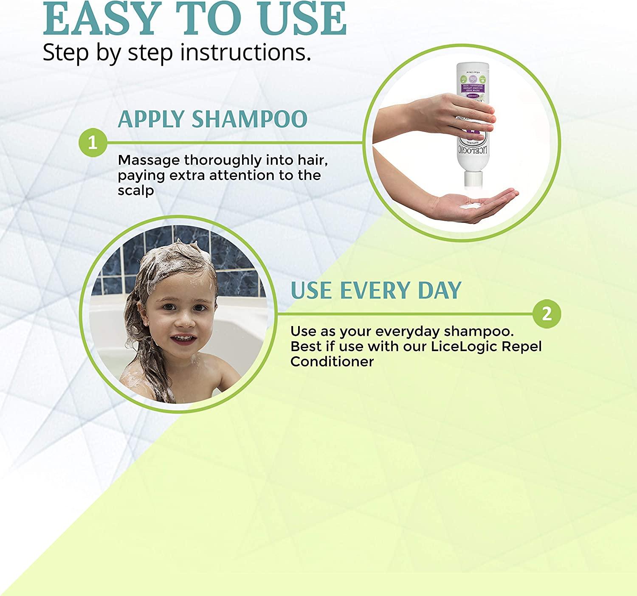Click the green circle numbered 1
click(x=93, y=143)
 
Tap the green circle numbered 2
click(x=547, y=314)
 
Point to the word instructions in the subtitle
click(x=245, y=53)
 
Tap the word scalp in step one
click(x=135, y=191)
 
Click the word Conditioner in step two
click(x=332, y=362)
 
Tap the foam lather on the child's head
click(x=178, y=259)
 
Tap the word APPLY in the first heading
click(x=152, y=119)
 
